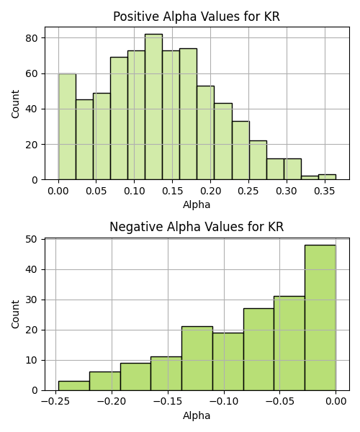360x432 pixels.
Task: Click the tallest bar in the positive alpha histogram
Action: tap(153, 107)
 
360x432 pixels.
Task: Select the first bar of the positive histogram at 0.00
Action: tap(67, 127)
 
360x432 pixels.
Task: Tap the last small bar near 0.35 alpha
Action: tap(327, 177)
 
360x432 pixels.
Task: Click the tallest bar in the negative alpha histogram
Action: tap(320, 318)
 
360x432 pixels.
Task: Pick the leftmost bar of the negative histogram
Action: tap(74, 386)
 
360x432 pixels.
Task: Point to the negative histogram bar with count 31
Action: tap(289, 343)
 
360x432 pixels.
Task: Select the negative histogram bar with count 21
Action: tap(197, 359)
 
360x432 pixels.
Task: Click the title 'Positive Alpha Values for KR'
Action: tap(197, 17)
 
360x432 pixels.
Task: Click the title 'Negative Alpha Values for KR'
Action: tap(197, 227)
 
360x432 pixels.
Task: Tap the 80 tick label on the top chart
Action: tap(32, 38)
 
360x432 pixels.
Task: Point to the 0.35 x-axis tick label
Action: tap(325, 191)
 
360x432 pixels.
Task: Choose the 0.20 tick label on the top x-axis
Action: tap(210, 191)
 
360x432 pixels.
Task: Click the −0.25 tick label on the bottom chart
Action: tap(55, 401)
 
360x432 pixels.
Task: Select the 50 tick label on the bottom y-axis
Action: tap(32, 240)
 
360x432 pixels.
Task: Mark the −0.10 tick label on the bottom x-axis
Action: tap(224, 401)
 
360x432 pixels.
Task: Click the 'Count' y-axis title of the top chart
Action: tap(15, 104)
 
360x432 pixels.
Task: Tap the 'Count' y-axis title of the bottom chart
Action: tap(15, 315)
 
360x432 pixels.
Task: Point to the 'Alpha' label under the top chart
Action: tap(197, 204)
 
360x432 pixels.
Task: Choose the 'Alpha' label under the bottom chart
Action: tap(197, 415)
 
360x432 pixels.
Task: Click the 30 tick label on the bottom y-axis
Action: tap(32, 300)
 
